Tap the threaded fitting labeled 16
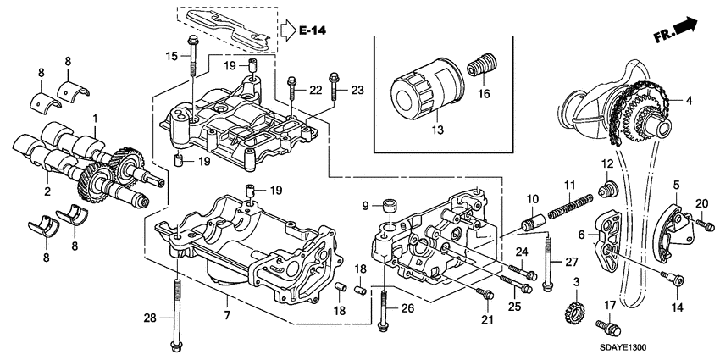pos(484,64)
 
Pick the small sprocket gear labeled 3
pos(574,311)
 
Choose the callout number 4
pos(689,101)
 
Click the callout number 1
pos(95,118)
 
